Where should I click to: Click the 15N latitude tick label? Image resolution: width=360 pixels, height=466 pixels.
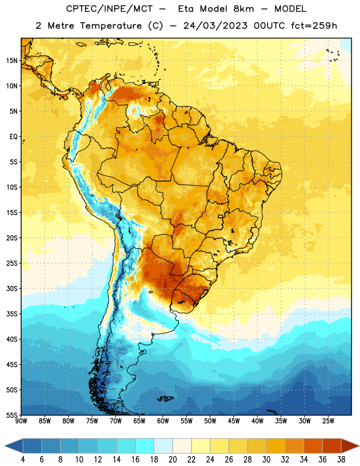coord(12,61)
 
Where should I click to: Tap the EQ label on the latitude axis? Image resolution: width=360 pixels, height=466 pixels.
coord(13,137)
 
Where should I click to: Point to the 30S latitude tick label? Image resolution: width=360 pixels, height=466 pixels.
coord(12,288)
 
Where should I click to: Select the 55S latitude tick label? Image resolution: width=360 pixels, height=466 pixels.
coord(12,415)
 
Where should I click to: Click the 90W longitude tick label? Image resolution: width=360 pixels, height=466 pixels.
coord(22,421)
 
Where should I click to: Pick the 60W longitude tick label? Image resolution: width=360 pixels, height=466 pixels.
coord(163,421)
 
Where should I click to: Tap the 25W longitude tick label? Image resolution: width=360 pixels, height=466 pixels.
coord(328,421)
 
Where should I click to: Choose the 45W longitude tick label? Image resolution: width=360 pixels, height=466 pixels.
coord(234,421)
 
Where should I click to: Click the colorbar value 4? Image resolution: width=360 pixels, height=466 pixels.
coord(23,460)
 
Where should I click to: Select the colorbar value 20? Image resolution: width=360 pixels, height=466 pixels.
coord(172,460)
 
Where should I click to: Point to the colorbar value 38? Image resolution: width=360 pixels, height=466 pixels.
coord(341,460)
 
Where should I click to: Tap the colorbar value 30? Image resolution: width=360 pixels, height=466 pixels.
coord(266,460)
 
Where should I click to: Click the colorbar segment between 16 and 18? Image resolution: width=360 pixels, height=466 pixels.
coord(145,446)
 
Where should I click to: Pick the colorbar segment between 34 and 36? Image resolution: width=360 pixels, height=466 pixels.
coord(313,446)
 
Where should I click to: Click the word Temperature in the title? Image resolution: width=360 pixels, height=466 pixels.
coord(111,26)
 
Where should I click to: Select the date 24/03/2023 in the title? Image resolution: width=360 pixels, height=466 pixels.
coord(215,26)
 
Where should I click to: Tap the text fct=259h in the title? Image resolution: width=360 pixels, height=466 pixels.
coord(314,26)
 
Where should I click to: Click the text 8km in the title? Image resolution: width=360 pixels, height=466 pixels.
coord(243,9)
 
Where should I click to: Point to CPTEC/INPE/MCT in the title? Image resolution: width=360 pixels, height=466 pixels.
coord(110,9)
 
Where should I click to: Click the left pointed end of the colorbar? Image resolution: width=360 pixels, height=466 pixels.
coord(5,446)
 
